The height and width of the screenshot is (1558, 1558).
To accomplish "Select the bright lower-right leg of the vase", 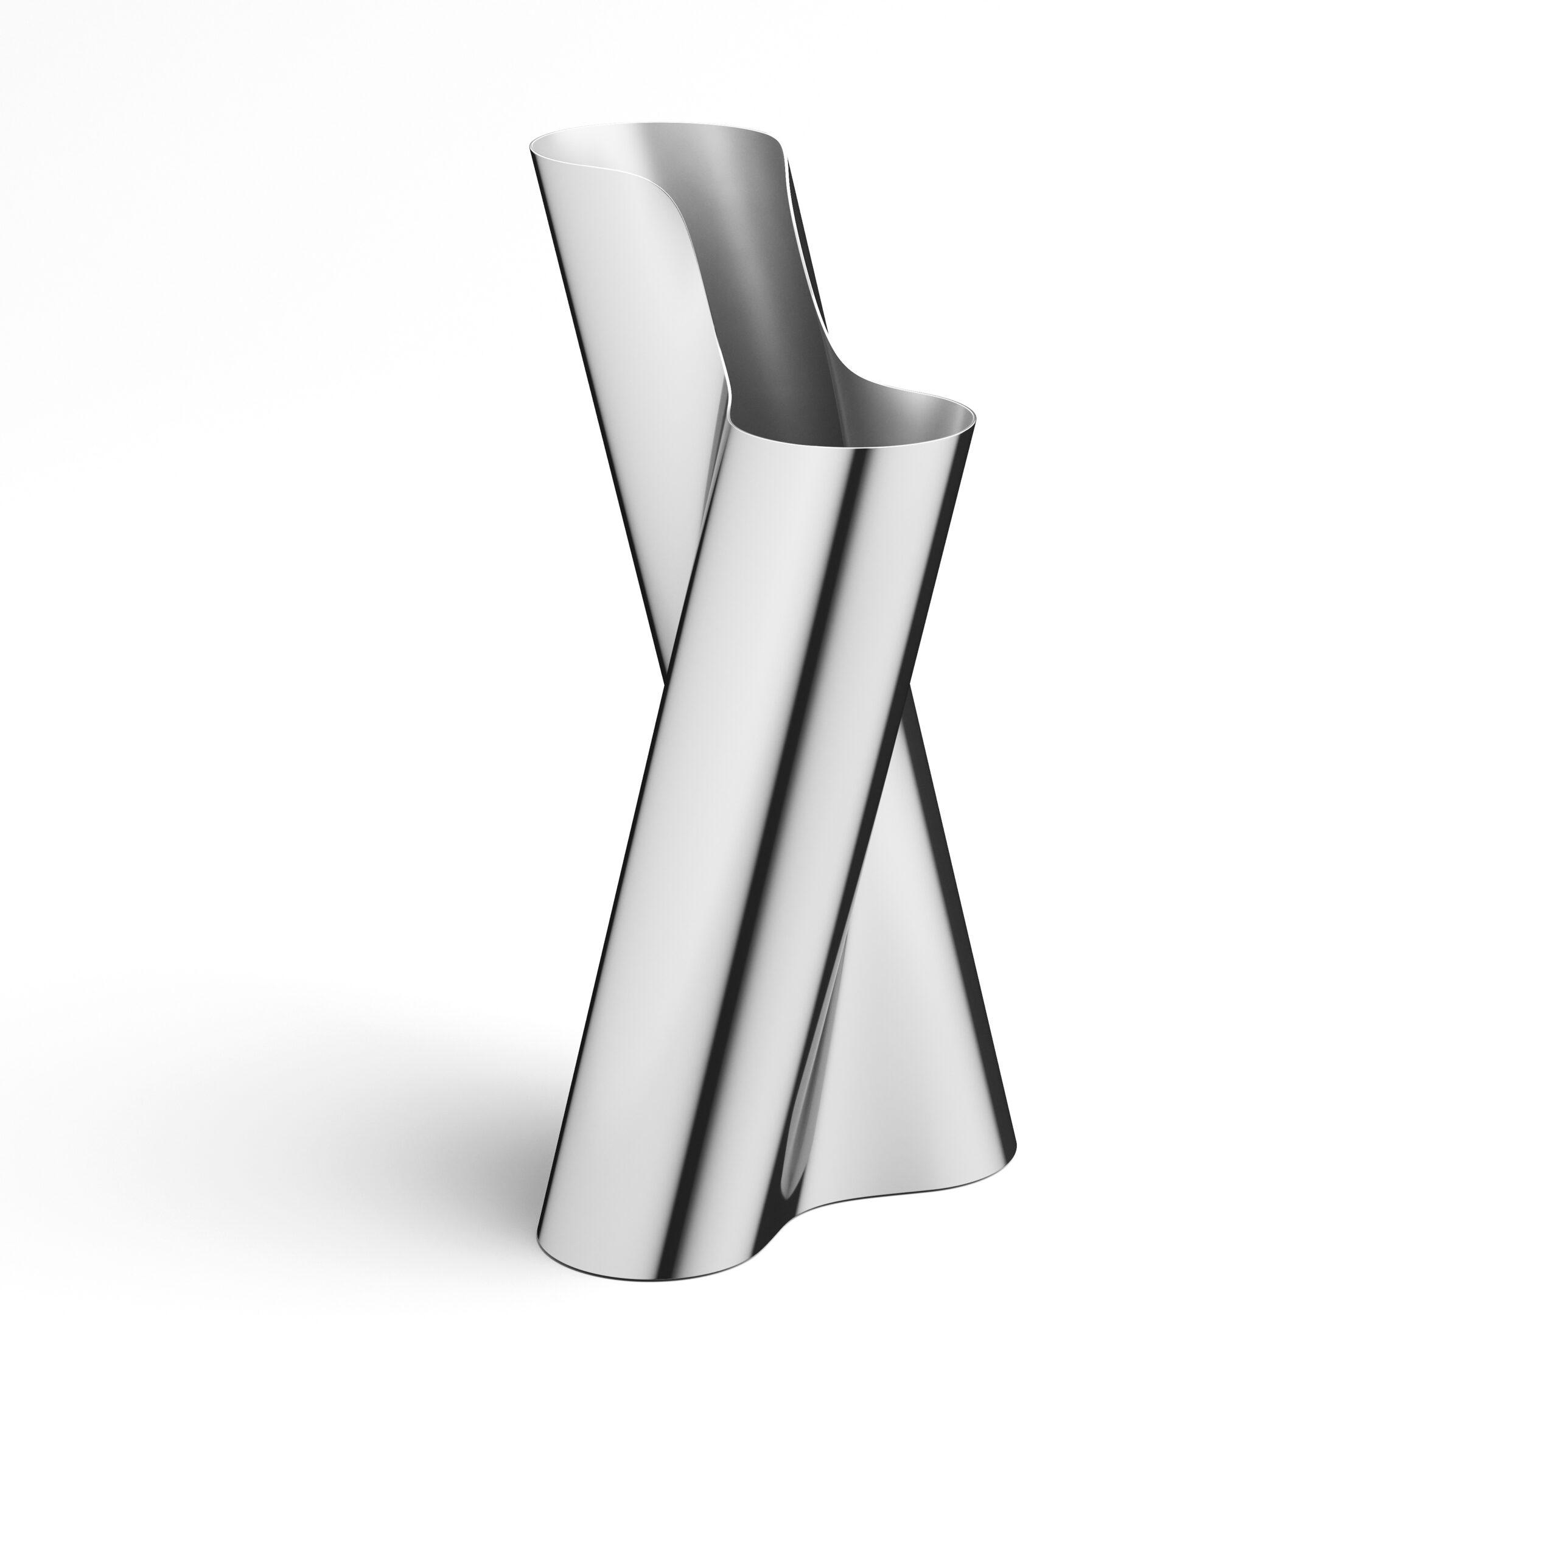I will pos(927,1008).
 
